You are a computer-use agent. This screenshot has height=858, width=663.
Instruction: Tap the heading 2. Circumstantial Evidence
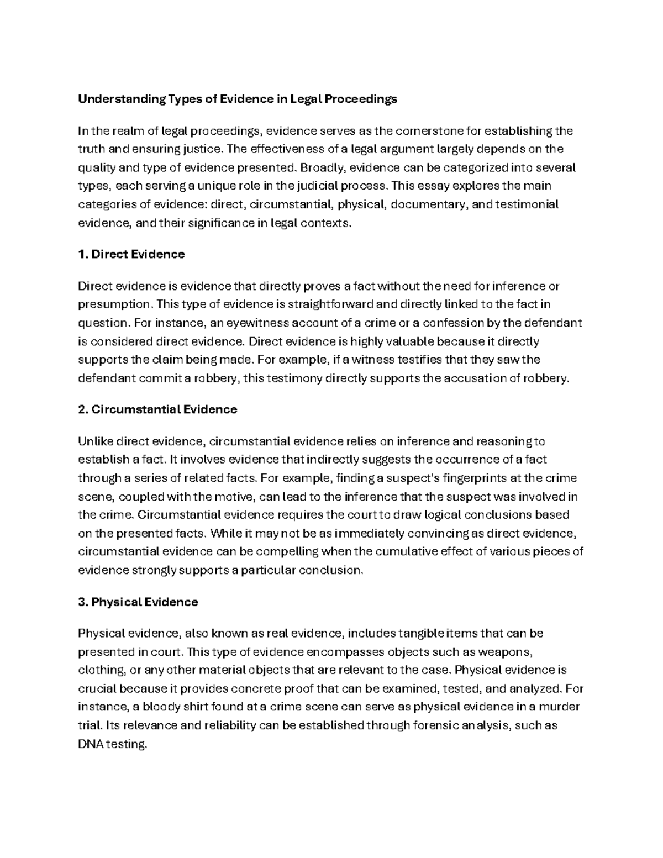(x=157, y=409)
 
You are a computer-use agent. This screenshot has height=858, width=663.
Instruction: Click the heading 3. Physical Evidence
(x=138, y=602)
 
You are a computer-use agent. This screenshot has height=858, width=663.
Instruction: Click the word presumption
(x=113, y=304)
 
